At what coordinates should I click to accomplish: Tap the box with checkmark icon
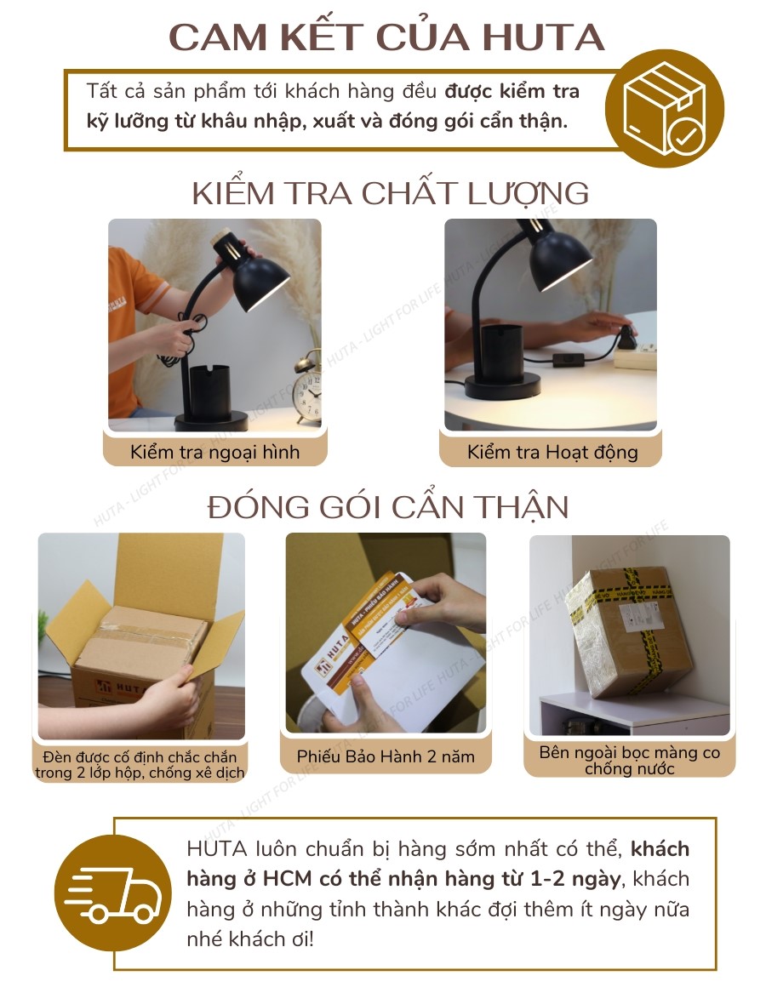pos(664,108)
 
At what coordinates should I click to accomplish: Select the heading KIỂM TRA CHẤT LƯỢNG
pos(390,193)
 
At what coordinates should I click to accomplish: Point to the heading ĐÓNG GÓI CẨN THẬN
pos(388,507)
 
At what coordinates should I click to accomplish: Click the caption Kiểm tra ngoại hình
pos(214,452)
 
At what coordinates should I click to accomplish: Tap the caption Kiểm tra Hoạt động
pos(552,452)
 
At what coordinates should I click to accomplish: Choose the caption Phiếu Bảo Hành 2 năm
pos(386,756)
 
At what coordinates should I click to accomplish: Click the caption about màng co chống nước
pos(629,761)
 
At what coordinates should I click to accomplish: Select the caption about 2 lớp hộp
pos(140,765)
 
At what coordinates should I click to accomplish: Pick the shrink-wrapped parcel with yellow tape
pos(631,630)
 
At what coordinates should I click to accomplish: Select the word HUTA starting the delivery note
pos(216,849)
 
